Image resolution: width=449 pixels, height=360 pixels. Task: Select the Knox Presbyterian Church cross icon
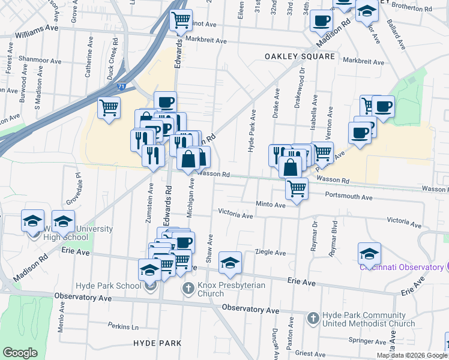click(x=187, y=288)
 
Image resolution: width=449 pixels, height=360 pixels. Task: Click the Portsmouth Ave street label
click(x=348, y=196)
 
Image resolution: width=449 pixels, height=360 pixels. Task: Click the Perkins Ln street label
click(x=123, y=327)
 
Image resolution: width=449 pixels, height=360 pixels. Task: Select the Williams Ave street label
click(x=37, y=28)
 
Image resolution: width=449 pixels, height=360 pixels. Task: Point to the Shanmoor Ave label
click(x=40, y=61)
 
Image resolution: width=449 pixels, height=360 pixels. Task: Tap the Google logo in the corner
click(x=20, y=353)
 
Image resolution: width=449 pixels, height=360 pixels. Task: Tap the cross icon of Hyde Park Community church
click(x=313, y=318)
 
